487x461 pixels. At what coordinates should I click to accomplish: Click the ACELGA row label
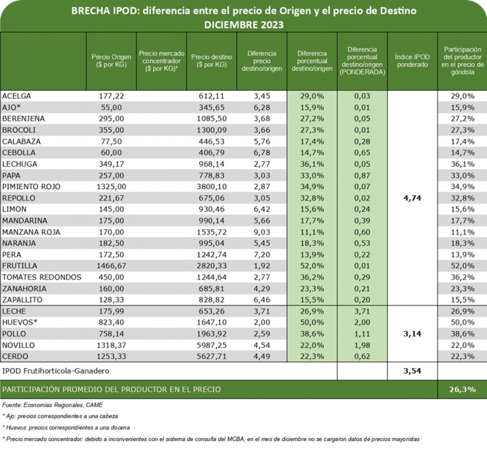[x=17, y=96]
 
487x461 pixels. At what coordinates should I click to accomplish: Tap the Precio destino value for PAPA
[x=211, y=175]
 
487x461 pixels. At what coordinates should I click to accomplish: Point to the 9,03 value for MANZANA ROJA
[x=262, y=232]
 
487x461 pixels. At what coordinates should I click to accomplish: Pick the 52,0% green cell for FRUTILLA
[x=311, y=265]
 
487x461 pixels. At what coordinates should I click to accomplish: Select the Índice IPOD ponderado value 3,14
[x=412, y=334]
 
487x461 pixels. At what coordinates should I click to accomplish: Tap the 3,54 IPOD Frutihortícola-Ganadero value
[x=412, y=372]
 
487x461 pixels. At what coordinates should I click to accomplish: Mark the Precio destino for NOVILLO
[x=211, y=344]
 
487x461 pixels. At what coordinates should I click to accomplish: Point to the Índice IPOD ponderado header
[x=412, y=61]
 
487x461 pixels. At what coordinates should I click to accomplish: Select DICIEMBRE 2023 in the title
[x=243, y=24]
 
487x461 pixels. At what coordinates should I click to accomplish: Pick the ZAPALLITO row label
[x=24, y=299]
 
